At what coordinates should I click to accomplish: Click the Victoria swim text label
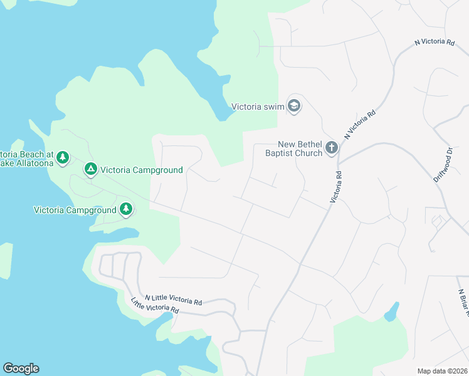point(258,107)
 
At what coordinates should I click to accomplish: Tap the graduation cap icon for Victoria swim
point(293,106)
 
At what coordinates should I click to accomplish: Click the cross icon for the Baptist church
point(331,149)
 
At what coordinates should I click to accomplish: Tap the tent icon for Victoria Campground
point(91,169)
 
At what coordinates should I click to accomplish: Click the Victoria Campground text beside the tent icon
point(141,170)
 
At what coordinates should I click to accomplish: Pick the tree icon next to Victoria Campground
point(126,209)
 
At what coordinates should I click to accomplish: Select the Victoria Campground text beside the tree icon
point(75,210)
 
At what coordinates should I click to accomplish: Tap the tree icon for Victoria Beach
point(62,157)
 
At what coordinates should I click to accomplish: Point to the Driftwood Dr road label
point(443,165)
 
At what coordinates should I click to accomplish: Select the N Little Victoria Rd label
point(173,300)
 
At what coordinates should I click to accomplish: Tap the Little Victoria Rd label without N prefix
point(155,306)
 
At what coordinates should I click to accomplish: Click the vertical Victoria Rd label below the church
point(335,187)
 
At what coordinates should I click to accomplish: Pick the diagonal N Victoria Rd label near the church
point(360,124)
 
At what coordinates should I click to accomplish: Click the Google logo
point(21,368)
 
